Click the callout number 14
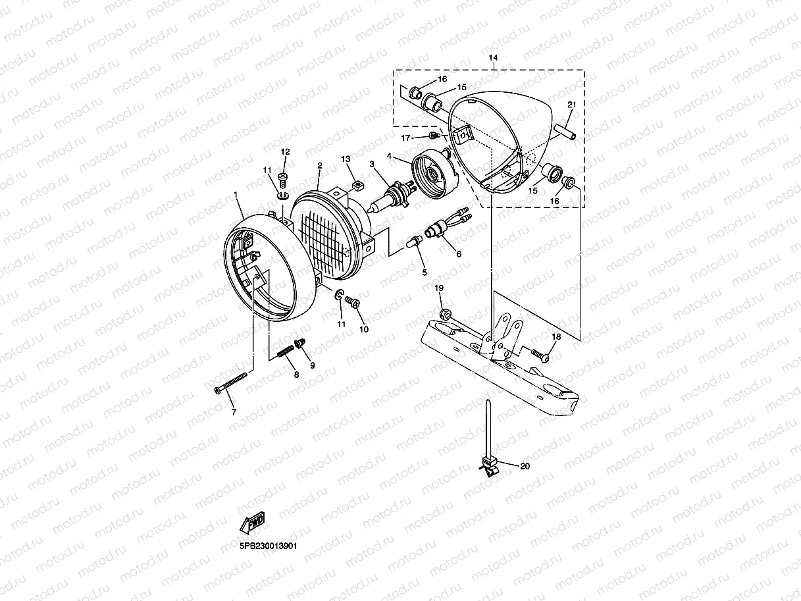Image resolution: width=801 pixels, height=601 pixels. coord(494,58)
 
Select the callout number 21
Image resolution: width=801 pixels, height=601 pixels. coord(571,105)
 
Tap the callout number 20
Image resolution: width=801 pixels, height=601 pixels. coord(525,467)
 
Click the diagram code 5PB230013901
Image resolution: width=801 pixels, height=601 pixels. coord(269,546)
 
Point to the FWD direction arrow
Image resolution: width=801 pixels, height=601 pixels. coord(252,523)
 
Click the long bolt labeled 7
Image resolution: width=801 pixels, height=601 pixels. coord(230,382)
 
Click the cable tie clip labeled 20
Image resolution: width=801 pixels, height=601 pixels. coord(488,464)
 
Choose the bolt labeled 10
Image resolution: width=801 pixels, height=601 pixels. coord(352,301)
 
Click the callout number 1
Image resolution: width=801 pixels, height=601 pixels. coord(236,196)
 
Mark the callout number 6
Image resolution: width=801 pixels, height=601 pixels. coord(458,254)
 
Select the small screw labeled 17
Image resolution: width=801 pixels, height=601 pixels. coord(433,136)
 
